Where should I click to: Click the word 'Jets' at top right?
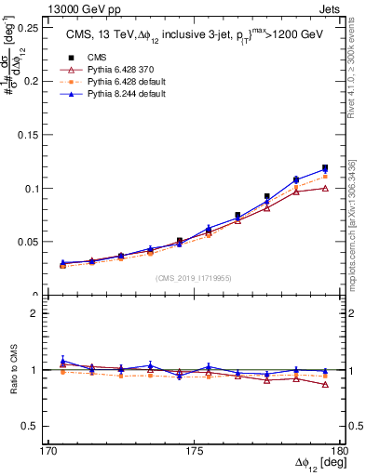(x=330, y=8)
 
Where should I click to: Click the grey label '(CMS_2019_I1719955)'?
(x=195, y=278)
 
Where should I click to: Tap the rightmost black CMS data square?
(x=325, y=168)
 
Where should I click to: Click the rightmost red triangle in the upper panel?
(x=325, y=188)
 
